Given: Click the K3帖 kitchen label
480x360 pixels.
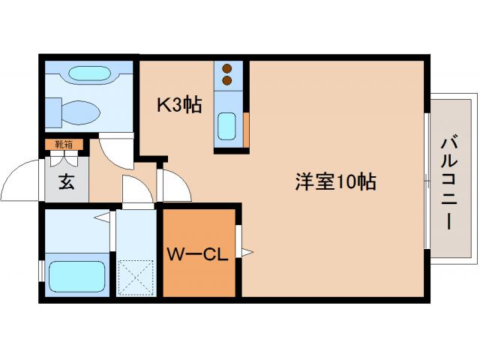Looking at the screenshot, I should (178, 106).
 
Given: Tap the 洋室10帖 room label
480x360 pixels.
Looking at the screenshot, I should (334, 182).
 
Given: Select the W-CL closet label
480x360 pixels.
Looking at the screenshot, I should (196, 254).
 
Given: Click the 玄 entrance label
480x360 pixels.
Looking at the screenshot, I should (67, 182).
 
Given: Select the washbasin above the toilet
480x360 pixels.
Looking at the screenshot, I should (88, 75).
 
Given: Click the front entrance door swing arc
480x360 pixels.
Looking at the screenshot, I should (22, 180).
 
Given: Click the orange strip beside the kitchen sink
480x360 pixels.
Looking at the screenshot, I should (246, 128).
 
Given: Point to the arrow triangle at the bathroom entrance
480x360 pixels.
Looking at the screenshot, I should (100, 218).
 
